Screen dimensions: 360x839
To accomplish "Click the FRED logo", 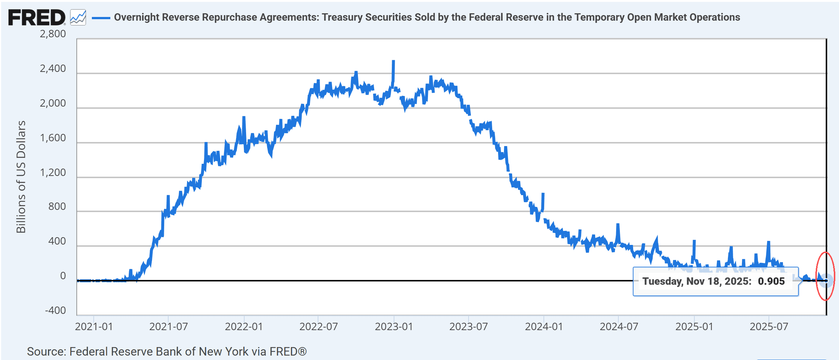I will (37, 18).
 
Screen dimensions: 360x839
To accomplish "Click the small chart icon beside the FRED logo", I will (78, 18).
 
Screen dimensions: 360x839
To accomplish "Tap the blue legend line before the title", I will (101, 18).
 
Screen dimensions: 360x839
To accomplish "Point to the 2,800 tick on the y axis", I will (53, 34).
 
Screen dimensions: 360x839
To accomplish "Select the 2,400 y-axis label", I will (53, 69).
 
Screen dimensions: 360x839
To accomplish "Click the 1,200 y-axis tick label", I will (53, 173).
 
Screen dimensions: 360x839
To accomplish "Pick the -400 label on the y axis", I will (55, 311).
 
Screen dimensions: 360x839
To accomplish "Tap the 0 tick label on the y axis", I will (63, 276).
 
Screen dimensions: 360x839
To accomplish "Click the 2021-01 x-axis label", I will (94, 327).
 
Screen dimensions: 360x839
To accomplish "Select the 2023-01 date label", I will (394, 327).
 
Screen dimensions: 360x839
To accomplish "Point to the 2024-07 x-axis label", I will (619, 327).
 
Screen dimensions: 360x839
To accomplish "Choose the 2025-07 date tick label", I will (769, 327).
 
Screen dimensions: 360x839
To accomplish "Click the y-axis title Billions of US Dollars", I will (21, 177).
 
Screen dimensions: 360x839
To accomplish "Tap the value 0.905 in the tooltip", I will (771, 281).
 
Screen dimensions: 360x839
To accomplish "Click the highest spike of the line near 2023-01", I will (393, 61).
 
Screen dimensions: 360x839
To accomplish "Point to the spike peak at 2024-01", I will (543, 194).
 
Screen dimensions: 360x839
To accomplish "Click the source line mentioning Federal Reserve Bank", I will (167, 352).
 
